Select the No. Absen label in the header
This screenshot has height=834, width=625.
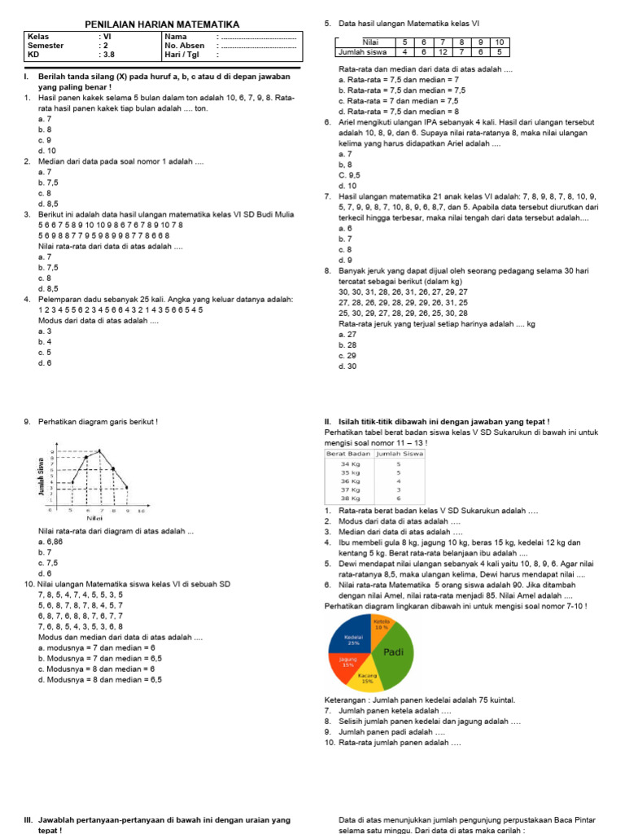[x=184, y=46]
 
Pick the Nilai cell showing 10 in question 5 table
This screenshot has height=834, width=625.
[x=500, y=42]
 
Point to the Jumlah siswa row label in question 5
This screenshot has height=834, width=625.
[x=363, y=52]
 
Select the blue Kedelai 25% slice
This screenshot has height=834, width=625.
[x=352, y=639]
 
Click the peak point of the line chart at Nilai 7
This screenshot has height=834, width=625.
[x=100, y=450]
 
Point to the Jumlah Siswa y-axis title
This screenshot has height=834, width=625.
[x=40, y=477]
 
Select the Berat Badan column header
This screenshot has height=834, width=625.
[x=348, y=453]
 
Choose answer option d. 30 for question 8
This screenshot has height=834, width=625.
[x=347, y=367]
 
